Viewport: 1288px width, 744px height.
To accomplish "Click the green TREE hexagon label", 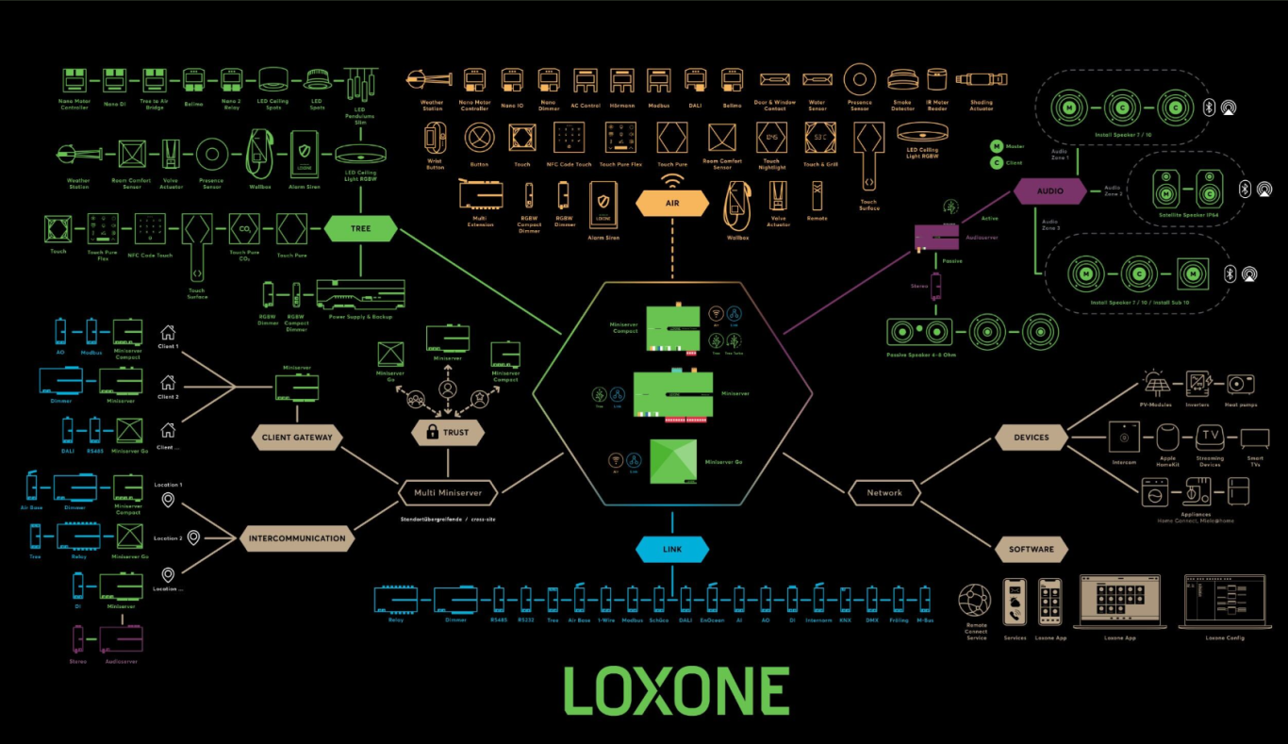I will point(360,228).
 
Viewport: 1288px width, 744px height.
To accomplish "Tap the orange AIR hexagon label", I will point(672,203).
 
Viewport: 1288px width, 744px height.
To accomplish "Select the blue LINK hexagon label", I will point(672,549).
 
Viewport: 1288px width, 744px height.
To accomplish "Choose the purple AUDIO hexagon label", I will point(1049,190).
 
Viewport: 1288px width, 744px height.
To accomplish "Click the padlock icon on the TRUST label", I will point(433,433).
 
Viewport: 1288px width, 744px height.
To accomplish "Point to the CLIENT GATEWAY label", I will point(296,437).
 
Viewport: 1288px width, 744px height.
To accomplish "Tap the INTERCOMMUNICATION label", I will point(297,539).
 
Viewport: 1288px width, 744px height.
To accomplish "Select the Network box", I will point(884,492).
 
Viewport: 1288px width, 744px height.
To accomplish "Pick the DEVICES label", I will point(1032,437).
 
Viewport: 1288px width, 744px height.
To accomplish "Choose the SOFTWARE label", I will point(1032,549).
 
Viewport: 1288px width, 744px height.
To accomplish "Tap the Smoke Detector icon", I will point(902,80).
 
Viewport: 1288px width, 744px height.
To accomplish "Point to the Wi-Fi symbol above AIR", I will point(672,178).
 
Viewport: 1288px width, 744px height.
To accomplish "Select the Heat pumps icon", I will point(1240,384).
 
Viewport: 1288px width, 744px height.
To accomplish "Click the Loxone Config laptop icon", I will point(1225,602).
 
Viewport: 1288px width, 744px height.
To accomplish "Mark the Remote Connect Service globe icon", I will point(975,601).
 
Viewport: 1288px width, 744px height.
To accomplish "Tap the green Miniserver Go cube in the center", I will point(673,462).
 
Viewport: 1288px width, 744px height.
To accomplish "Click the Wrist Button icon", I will point(434,139).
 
